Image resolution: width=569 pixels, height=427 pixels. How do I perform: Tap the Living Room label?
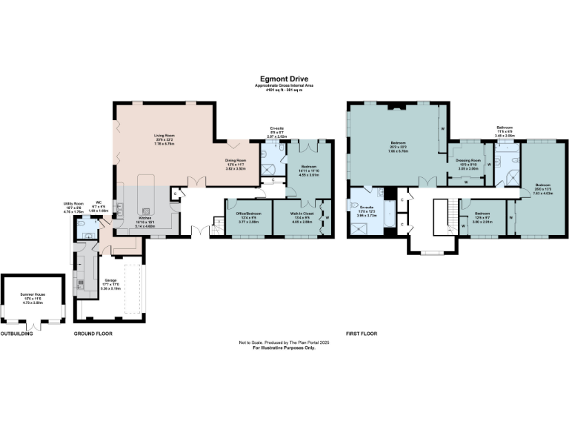pos(164,136)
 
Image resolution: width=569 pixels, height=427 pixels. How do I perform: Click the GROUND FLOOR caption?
pos(93,334)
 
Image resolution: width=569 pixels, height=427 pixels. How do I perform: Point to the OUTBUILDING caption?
pos(16,334)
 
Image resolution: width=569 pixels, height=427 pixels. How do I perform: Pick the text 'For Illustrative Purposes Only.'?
pos(284,347)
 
